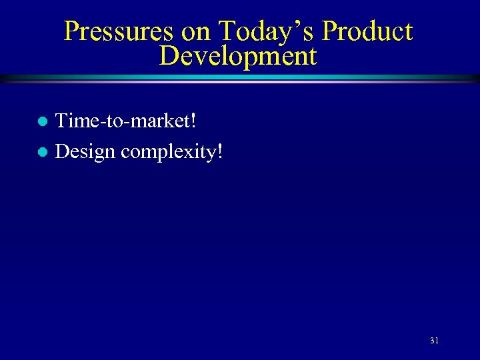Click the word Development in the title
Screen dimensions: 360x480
pos(238,56)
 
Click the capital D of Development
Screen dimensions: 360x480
pos(169,56)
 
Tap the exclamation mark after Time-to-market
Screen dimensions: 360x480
pos(193,121)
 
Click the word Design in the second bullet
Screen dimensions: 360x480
pos(85,151)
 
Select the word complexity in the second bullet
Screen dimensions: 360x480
pos(167,153)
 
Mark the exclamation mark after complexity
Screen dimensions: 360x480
pos(220,151)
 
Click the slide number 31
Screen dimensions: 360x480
pos(434,341)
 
